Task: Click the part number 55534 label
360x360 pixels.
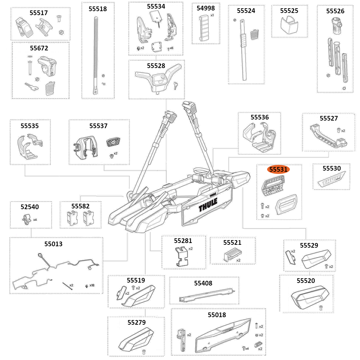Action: [x=156, y=6]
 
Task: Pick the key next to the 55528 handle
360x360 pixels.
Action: [x=175, y=85]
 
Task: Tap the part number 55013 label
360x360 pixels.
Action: [x=53, y=244]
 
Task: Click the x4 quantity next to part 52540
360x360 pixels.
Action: [x=35, y=219]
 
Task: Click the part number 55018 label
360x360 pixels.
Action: [x=217, y=315]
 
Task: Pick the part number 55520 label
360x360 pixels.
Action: [x=306, y=280]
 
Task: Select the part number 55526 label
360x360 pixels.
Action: [x=335, y=11]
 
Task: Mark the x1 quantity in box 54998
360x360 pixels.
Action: [x=212, y=15]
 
